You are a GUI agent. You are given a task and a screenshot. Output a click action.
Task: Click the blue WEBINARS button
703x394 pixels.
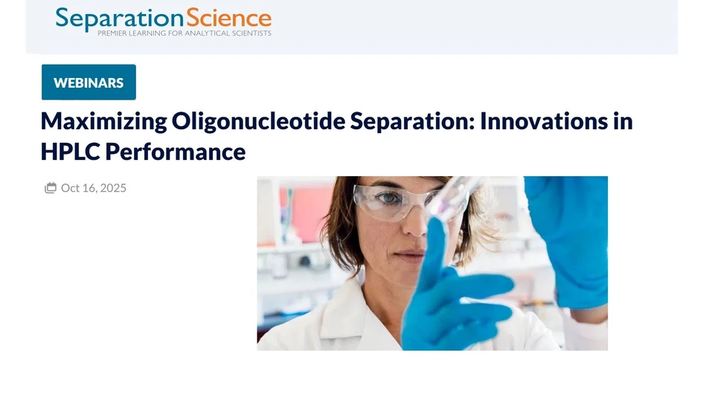89,83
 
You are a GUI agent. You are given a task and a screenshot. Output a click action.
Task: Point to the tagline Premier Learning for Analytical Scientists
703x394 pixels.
184,33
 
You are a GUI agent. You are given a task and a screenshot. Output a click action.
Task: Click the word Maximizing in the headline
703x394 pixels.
103,120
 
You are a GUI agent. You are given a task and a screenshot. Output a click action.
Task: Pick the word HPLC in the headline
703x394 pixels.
70,152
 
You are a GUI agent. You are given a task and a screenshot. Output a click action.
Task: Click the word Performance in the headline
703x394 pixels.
175,152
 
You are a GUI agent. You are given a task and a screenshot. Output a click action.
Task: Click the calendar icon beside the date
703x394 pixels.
51,188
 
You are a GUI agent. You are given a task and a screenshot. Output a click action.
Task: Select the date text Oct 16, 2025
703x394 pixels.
94,188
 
